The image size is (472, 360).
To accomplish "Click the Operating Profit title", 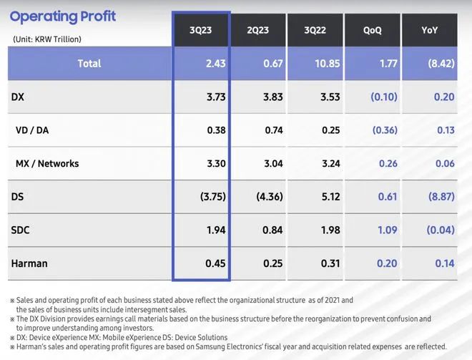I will point(63,16).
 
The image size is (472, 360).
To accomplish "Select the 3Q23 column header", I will point(201,30).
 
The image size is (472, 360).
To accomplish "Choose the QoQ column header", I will point(372,30).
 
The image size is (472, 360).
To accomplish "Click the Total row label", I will point(89,64).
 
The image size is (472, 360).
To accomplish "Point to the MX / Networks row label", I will point(47,163).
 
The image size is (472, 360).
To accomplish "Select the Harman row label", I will point(29,263).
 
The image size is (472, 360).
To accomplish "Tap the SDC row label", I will point(21,230).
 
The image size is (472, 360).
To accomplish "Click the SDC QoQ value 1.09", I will point(385,230).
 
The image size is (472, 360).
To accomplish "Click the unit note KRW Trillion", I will point(46,39).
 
